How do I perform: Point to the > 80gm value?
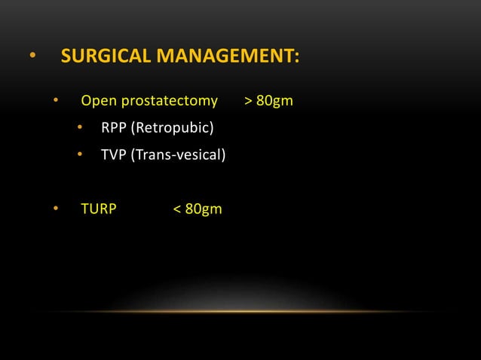(x=269, y=101)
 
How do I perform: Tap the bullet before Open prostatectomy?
(x=55, y=101)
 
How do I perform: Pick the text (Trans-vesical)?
(x=179, y=155)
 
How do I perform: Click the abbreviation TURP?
(x=99, y=209)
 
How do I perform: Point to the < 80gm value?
(x=198, y=209)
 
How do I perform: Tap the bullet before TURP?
(x=55, y=209)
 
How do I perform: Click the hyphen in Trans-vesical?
(x=173, y=157)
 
